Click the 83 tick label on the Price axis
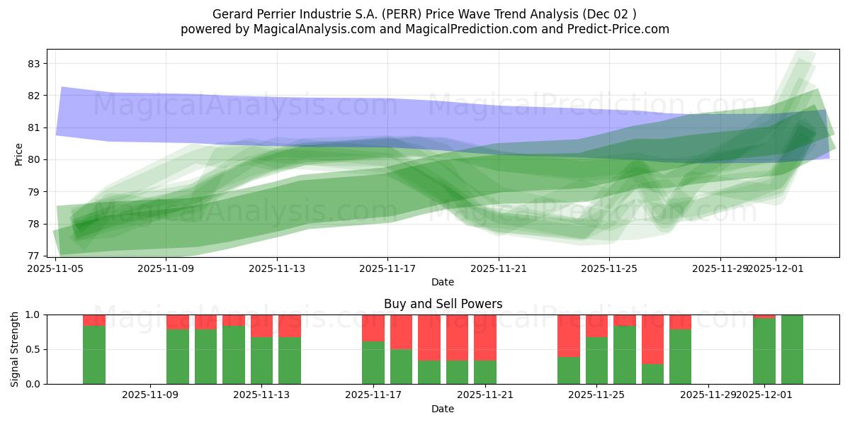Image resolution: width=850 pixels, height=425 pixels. (33, 64)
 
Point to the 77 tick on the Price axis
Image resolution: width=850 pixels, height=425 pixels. (33, 256)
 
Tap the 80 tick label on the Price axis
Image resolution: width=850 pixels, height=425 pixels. (33, 160)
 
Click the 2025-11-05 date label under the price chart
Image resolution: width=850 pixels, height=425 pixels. (55, 269)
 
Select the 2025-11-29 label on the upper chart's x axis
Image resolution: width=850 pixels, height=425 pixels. (720, 269)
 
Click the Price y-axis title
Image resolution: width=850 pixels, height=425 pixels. (18, 154)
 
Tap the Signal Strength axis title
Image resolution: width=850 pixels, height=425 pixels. (15, 349)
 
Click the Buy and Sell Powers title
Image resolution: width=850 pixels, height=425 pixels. (443, 304)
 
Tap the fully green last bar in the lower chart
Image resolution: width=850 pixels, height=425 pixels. (792, 349)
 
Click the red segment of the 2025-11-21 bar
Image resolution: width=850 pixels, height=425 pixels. (485, 337)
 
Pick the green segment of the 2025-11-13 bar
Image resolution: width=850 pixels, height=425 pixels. (261, 361)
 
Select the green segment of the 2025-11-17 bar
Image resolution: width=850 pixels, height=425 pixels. (373, 363)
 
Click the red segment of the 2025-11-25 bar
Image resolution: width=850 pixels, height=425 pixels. (596, 325)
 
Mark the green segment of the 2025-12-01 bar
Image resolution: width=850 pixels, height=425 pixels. (764, 351)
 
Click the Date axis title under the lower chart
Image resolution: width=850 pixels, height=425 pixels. (443, 409)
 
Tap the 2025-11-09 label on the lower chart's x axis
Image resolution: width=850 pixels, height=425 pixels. (150, 395)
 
